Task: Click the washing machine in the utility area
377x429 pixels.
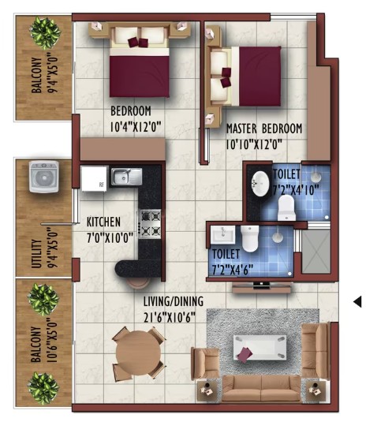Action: point(44,177)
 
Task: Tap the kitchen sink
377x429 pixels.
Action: point(126,176)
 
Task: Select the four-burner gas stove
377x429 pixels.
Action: point(151,223)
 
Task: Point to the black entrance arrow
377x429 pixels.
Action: point(357,301)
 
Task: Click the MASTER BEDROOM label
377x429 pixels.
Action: point(264,129)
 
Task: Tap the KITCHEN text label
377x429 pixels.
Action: point(103,222)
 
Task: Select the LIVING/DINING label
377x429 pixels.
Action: point(174,301)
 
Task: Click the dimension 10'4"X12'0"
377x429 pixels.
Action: point(136,127)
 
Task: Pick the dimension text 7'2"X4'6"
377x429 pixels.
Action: point(233,270)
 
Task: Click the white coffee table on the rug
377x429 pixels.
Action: point(259,347)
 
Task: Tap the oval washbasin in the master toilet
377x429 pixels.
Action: point(260,184)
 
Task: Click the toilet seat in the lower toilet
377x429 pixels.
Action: point(249,238)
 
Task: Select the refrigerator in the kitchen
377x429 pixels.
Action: point(94,179)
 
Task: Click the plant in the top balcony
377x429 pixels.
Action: point(45,32)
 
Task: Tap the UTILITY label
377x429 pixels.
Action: point(36,254)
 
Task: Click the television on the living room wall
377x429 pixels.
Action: point(261,285)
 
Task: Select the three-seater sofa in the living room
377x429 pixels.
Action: point(261,389)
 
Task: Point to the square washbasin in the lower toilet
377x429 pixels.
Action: point(223,234)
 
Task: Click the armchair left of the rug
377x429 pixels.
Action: point(206,363)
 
